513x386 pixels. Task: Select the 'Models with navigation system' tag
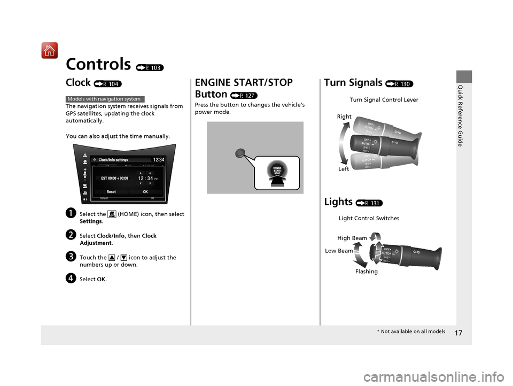click(x=106, y=99)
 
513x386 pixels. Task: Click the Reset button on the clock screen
click(x=111, y=191)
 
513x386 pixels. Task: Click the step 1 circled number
click(x=71, y=214)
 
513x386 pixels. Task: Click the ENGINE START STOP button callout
click(x=277, y=172)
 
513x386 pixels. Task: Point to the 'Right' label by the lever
click(x=344, y=116)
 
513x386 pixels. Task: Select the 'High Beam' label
click(x=352, y=238)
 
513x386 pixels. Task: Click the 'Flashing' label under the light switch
click(x=366, y=272)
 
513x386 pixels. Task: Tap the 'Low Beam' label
click(x=338, y=251)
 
